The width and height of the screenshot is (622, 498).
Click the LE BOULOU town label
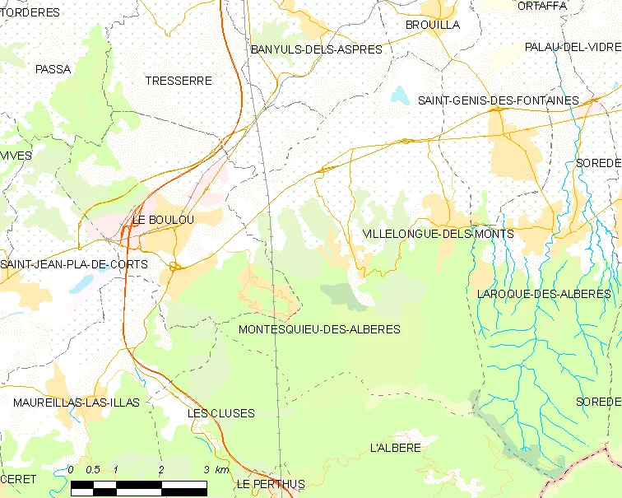pos(164,220)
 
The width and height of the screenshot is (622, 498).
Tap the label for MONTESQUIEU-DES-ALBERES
pos(318,329)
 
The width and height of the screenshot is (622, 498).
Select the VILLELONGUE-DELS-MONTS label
pos(438,234)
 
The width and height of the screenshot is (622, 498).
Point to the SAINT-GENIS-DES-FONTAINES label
pos(498,100)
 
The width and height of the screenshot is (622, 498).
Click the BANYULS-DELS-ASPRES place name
pos(317,49)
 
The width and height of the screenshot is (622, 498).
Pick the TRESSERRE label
pos(178,81)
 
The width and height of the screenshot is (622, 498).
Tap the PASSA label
pos(53,69)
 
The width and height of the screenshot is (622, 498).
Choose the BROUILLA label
pos(432,25)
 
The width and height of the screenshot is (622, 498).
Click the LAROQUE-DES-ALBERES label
pos(544,294)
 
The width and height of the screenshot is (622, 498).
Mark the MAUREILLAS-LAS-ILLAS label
pos(77,403)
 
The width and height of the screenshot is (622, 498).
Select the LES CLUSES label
pos(220,413)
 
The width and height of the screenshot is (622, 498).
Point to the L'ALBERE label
pos(396,448)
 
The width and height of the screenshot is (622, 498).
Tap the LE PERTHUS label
pos(270,484)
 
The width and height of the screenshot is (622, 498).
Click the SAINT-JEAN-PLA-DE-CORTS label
pos(74,264)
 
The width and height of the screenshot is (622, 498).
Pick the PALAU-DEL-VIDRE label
pos(573,47)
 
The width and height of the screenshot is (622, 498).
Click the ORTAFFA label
pos(542,6)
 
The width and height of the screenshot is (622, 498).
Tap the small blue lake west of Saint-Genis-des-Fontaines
pos(400,95)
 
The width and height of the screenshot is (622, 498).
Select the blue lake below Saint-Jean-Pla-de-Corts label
pos(82,284)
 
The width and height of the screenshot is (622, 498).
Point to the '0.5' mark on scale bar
pos(93,470)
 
